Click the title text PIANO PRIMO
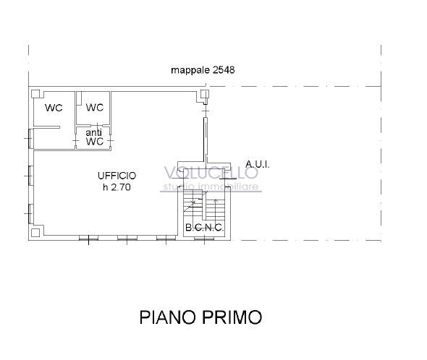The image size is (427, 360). point(200,317)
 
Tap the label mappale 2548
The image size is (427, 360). point(203,70)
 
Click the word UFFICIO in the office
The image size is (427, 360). point(117,176)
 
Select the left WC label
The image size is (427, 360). point(54,108)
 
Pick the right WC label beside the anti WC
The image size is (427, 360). point(95,108)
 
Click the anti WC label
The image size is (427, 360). point(95,137)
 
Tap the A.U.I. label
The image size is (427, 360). point(257,164)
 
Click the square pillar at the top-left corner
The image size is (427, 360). point(35,92)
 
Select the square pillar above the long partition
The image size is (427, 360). point(205,93)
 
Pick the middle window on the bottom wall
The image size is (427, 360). point(127,238)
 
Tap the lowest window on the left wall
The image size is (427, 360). point(30,213)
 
